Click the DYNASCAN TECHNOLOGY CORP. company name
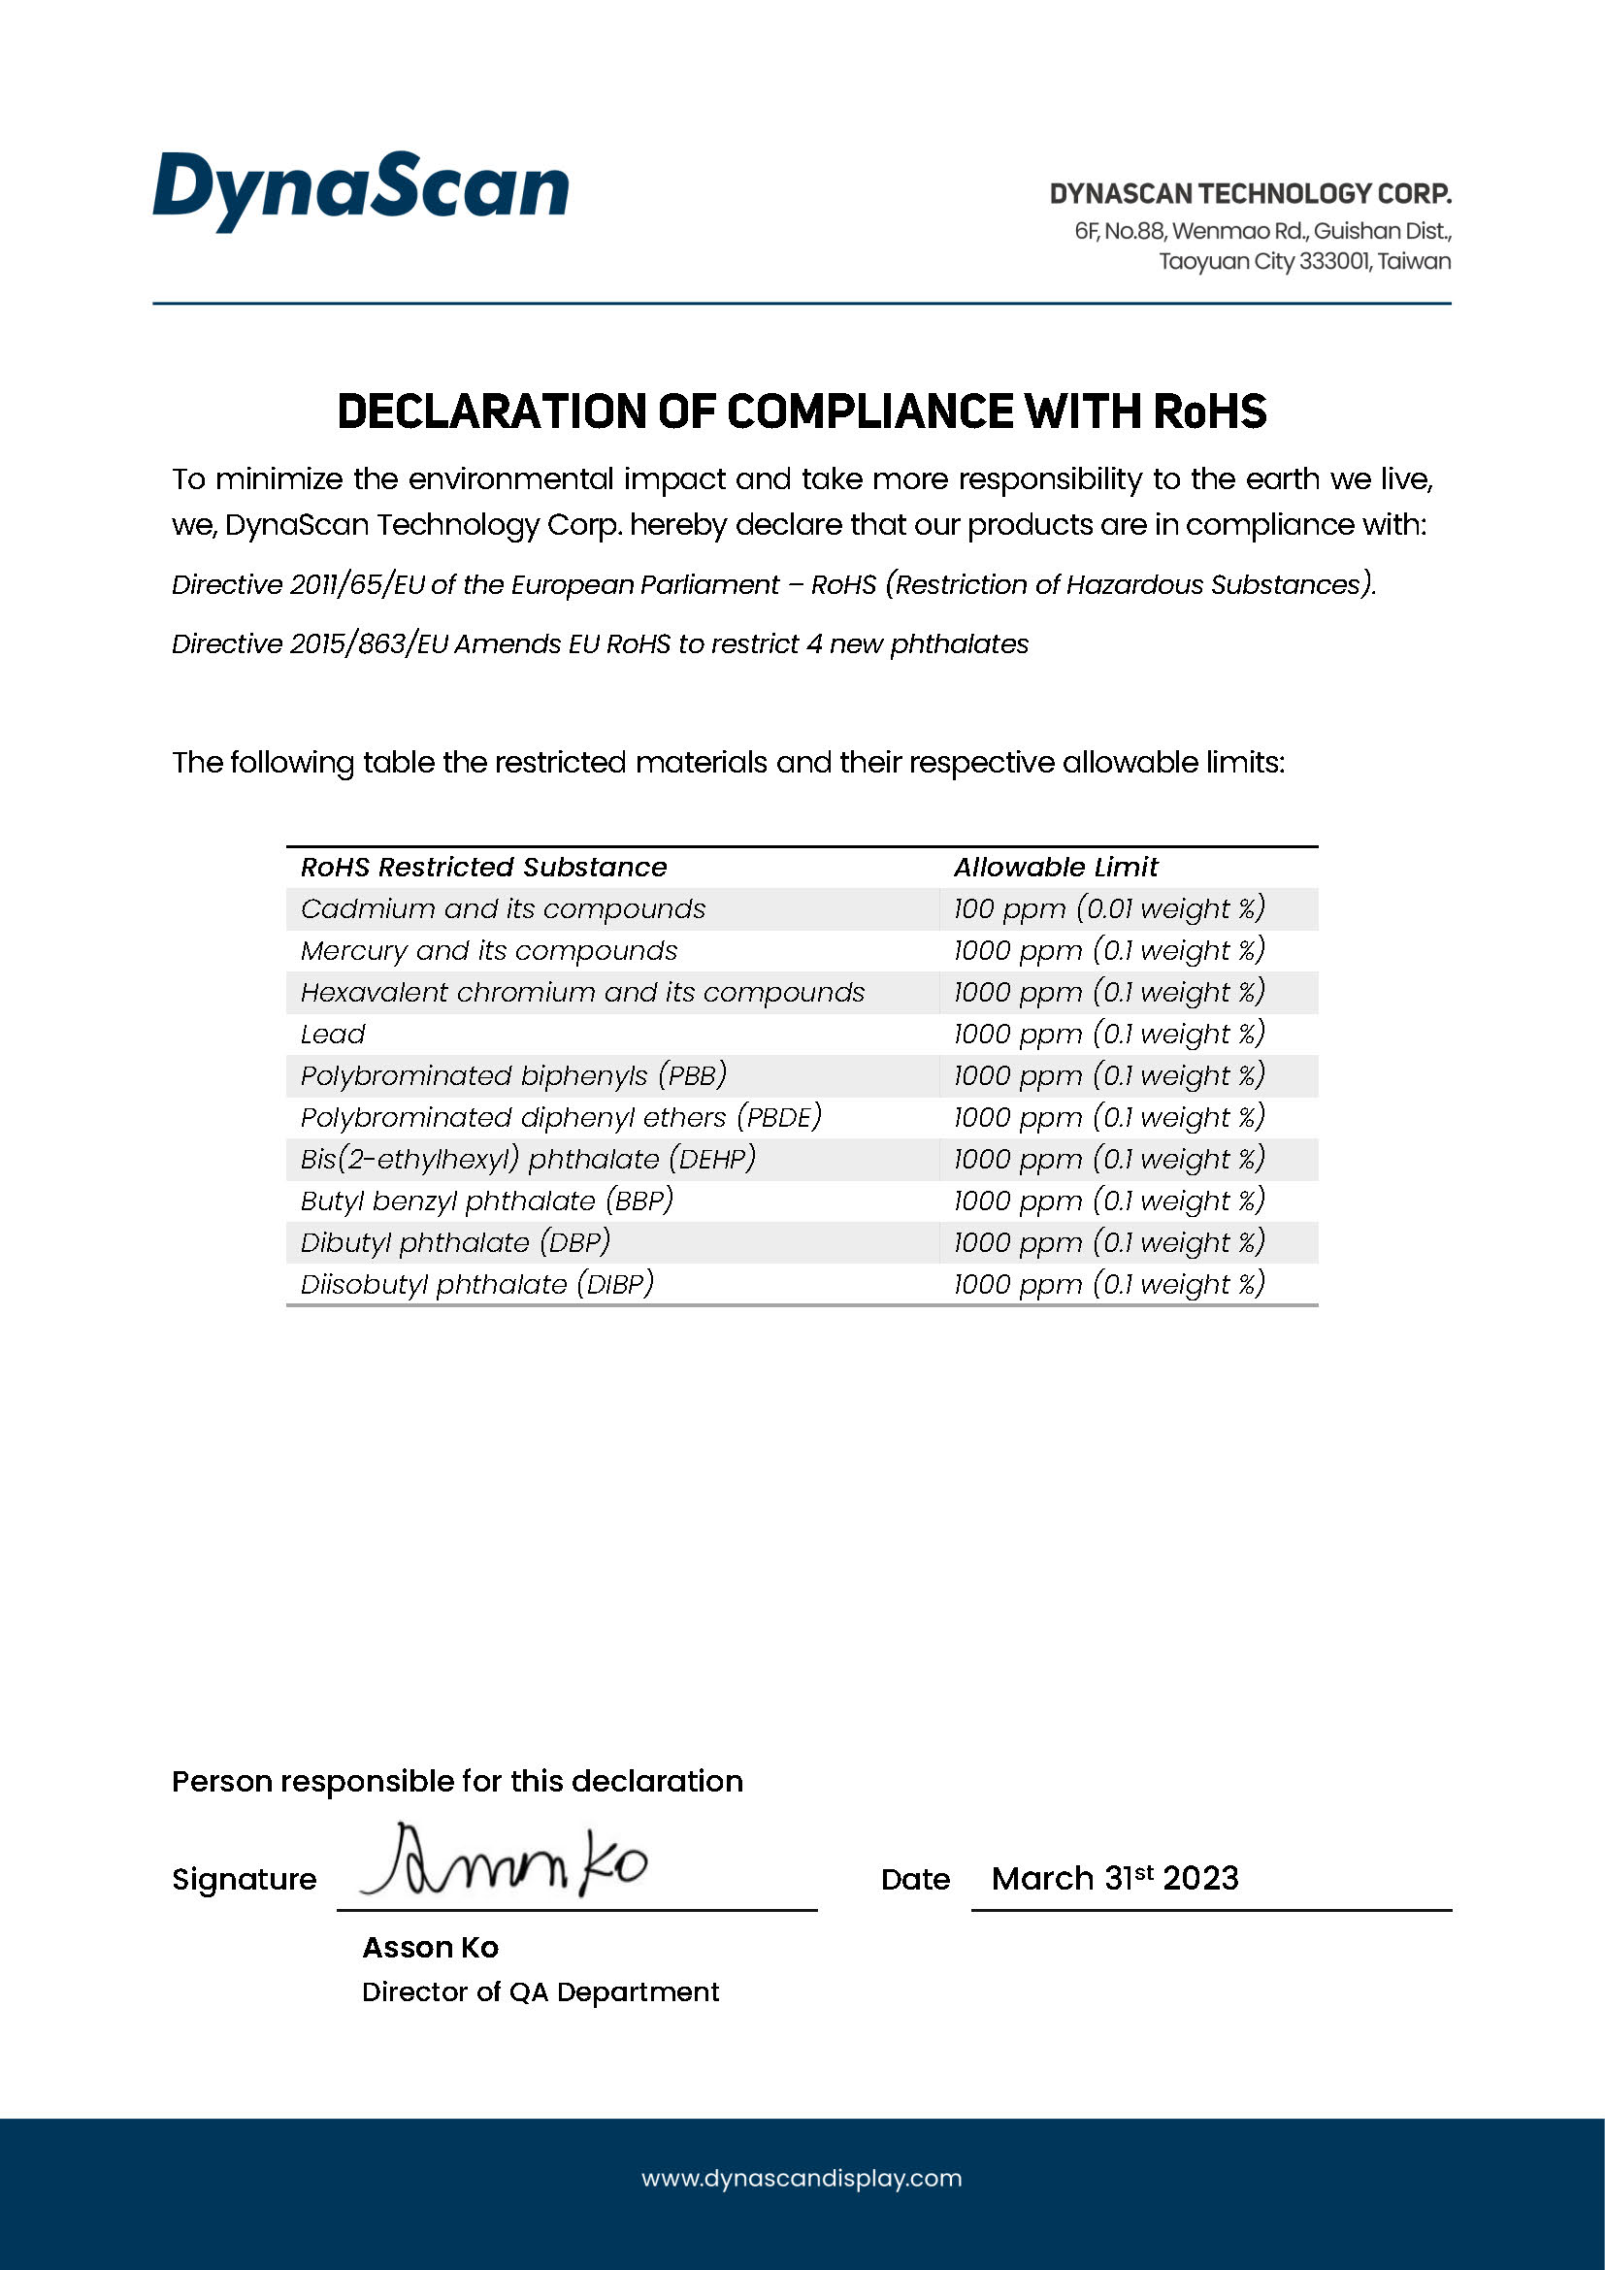1249,194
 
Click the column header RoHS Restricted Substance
483,867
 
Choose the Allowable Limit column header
1055,867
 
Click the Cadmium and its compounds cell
503,908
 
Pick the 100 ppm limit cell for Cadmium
1108,908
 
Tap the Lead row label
333,1035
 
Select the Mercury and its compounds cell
489,951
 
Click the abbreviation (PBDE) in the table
780,1117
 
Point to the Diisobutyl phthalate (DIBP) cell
477,1284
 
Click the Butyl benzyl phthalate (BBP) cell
487,1201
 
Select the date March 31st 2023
1115,1879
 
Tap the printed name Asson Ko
430,1948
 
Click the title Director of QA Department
540,1992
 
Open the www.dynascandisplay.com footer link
802,2178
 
